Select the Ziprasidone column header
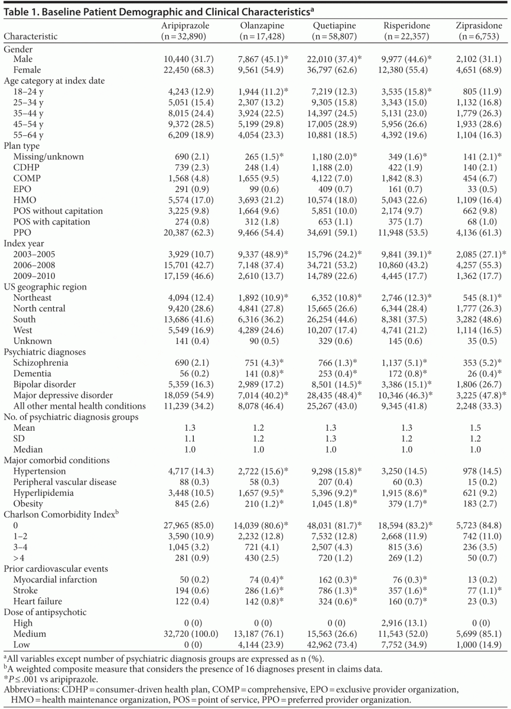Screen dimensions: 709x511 click(x=479, y=25)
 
